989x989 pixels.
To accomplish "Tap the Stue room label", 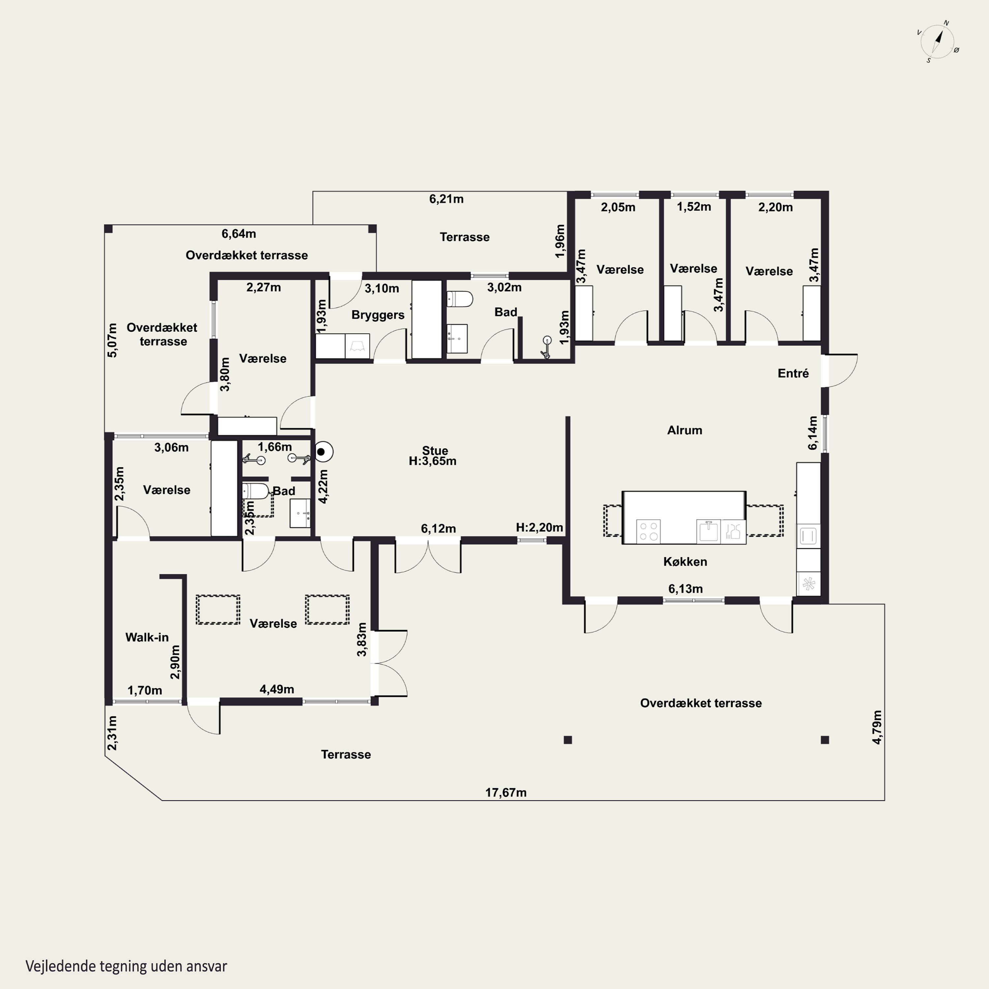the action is (435, 450).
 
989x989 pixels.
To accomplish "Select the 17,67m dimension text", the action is (506, 793).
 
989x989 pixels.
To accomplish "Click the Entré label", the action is (793, 373).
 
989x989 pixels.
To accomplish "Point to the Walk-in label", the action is (147, 637).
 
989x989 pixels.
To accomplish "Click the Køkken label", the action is (685, 561).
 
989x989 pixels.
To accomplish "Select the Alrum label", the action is (684, 430).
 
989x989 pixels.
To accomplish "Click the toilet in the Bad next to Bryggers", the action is (460, 298).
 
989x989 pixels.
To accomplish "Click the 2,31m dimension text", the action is (112, 733).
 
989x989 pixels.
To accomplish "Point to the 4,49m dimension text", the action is (277, 689).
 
